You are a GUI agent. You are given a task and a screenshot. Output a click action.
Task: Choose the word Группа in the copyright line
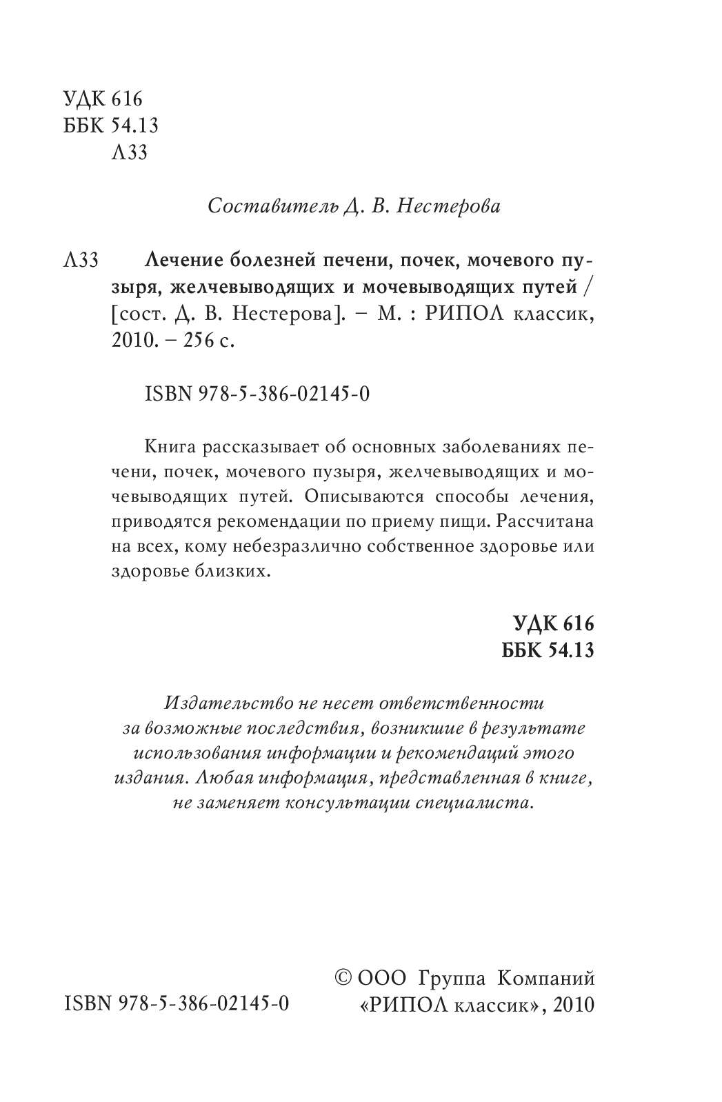pyautogui.click(x=451, y=978)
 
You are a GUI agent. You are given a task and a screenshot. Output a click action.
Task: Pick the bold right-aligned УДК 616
pyautogui.click(x=553, y=624)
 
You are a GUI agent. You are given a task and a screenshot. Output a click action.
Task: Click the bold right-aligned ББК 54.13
pyautogui.click(x=548, y=650)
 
